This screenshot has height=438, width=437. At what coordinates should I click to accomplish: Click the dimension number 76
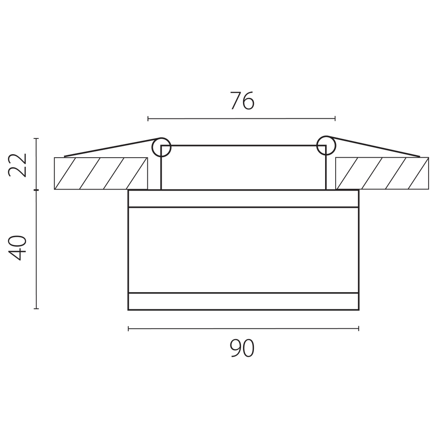242,100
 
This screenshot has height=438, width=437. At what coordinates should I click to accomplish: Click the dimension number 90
242,348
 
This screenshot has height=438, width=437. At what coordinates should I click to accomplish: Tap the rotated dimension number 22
17,165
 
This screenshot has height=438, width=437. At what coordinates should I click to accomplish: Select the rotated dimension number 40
17,248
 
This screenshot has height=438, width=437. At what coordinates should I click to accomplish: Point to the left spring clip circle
161,147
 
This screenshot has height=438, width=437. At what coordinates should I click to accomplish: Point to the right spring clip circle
326,145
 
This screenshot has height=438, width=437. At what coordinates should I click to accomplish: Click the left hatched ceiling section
101,173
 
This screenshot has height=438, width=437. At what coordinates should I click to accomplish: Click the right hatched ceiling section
382,173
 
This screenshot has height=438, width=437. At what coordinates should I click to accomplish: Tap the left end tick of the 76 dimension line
148,119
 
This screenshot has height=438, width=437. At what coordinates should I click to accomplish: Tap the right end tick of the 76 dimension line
335,118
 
